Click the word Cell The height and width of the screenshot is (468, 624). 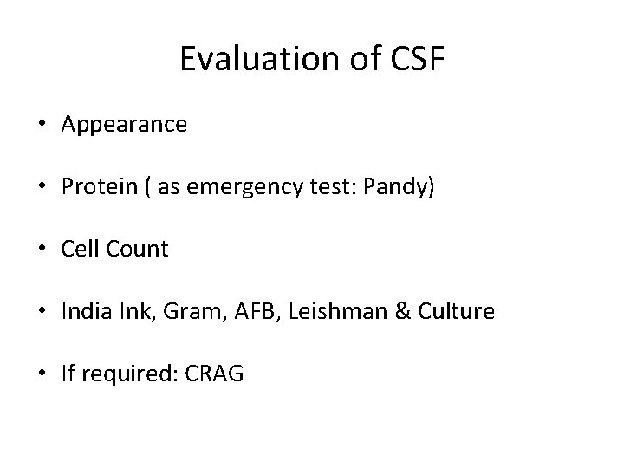point(79,250)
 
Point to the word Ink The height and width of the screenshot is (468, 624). point(128,312)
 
